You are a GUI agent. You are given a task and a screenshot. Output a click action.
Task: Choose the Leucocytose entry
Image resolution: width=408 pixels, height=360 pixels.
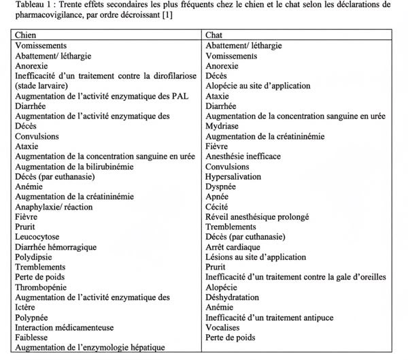[38, 236]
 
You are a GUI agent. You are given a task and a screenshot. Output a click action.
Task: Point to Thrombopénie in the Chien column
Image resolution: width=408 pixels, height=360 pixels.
[41, 287]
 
